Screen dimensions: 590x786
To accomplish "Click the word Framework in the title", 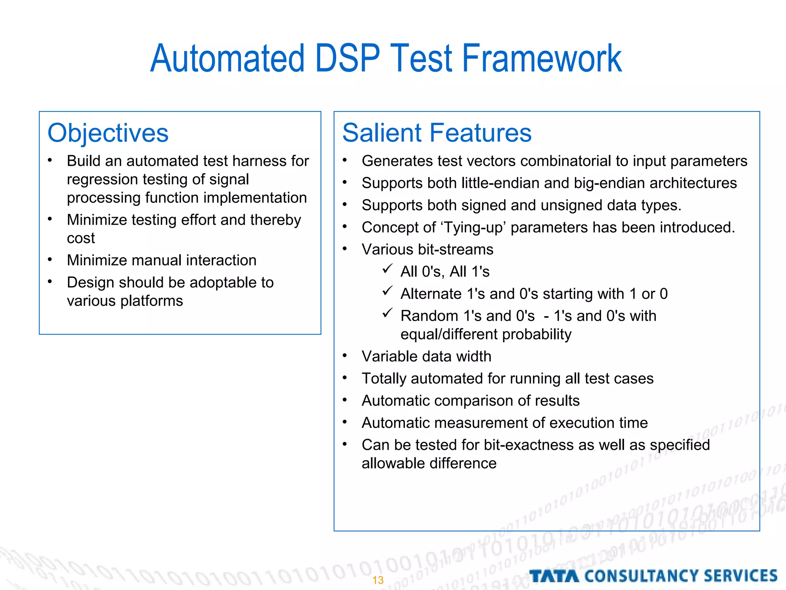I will [542, 58].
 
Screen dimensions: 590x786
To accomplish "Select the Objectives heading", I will [108, 133].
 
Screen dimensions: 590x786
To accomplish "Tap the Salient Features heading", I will [437, 133].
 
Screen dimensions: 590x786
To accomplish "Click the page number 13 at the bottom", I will [378, 580].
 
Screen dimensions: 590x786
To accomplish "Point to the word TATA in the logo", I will [554, 576].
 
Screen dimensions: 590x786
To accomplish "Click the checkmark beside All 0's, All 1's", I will [387, 269].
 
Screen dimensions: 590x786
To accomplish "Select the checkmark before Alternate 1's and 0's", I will [387, 291].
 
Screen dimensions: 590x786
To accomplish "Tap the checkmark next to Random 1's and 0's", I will [387, 313].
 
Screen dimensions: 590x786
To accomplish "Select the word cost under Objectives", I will [81, 239].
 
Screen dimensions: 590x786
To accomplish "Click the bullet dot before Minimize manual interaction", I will [50, 260].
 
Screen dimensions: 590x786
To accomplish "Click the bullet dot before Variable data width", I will [345, 356].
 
